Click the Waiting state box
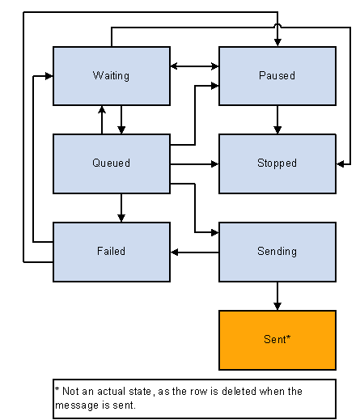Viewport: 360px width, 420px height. click(112, 76)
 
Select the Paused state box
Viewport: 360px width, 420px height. click(277, 76)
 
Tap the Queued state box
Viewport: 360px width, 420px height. click(112, 163)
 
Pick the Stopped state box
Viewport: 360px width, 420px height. click(277, 163)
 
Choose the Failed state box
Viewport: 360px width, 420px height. click(112, 252)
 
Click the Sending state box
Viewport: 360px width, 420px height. click(277, 252)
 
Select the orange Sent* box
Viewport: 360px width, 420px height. click(277, 340)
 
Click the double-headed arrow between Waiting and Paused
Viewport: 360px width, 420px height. click(194, 66)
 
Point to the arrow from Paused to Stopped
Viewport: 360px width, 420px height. click(277, 120)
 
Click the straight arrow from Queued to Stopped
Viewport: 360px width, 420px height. click(194, 163)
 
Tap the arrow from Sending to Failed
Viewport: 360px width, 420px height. click(194, 252)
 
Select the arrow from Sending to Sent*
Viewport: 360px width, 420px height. click(277, 296)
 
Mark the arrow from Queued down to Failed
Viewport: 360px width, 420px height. click(121, 208)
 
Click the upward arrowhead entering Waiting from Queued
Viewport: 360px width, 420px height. click(102, 109)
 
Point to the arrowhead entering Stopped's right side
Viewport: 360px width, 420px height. click(341, 163)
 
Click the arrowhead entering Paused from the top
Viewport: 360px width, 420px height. click(277, 43)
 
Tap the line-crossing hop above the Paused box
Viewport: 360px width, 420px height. click(277, 25)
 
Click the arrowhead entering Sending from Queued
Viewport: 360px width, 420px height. click(214, 232)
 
